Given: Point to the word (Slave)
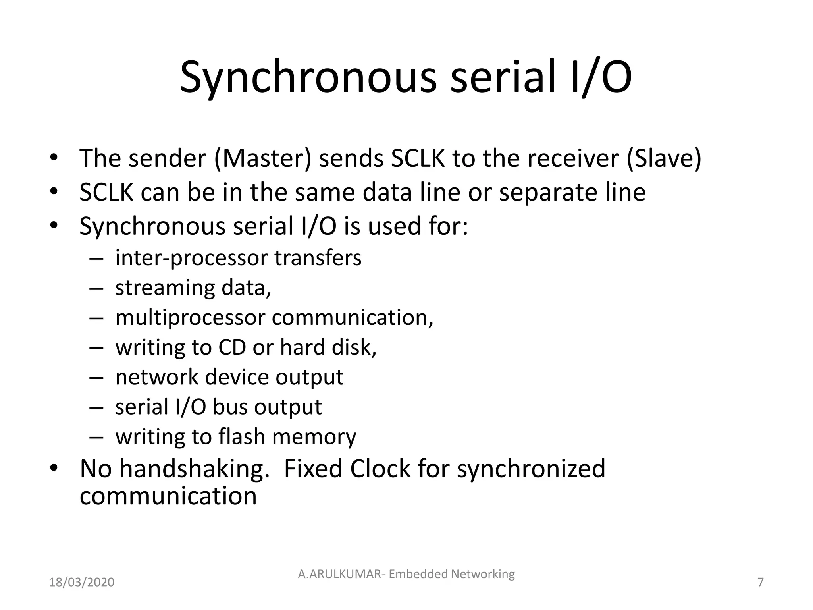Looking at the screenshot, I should pos(664,158).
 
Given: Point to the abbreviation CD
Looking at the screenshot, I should pos(232,347).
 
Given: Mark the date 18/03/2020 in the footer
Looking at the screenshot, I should pos(82,582).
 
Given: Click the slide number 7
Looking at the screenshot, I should pos(761,582).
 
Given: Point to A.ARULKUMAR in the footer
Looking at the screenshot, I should pos(340,574).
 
